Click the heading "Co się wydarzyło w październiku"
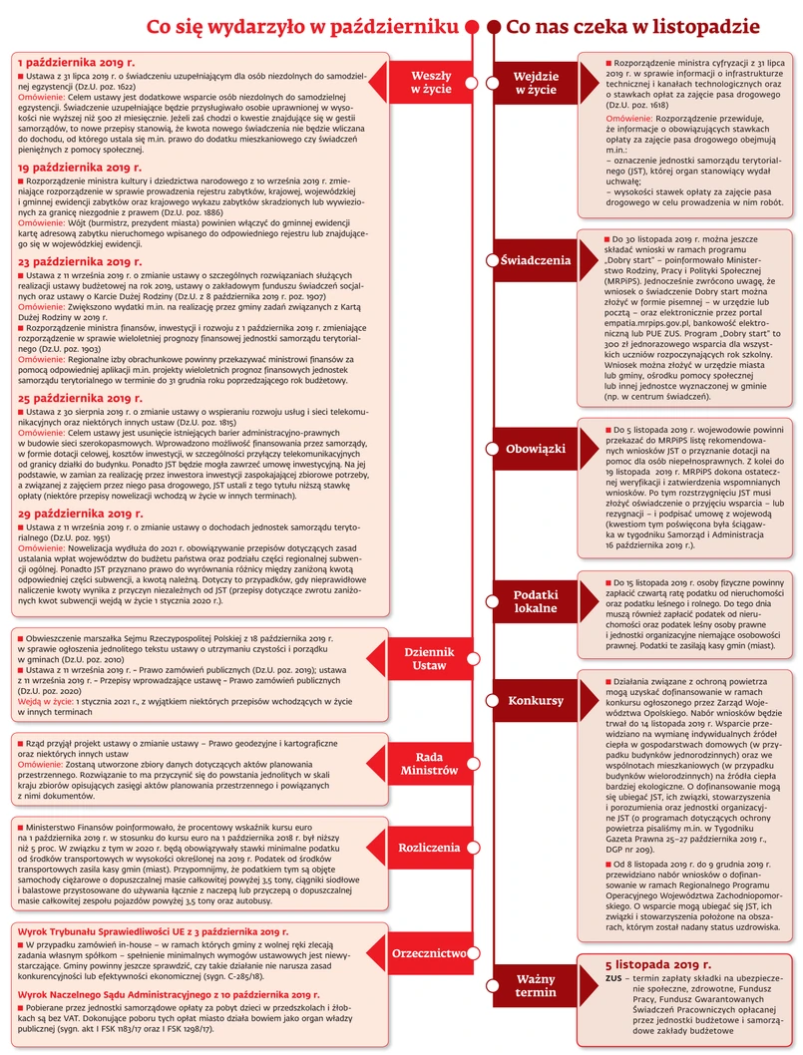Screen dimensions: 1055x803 (303, 28)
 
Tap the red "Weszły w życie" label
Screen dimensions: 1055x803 (431, 83)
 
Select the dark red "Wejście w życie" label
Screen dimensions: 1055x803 (536, 83)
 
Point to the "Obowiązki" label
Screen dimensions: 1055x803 (536, 449)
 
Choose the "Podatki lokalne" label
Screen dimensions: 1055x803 (536, 601)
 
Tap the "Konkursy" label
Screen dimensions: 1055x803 (536, 701)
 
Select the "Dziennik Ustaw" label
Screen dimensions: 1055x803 (430, 659)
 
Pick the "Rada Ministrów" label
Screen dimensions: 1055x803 (430, 763)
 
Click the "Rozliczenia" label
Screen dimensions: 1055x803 (430, 848)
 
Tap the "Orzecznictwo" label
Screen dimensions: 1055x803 (430, 951)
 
